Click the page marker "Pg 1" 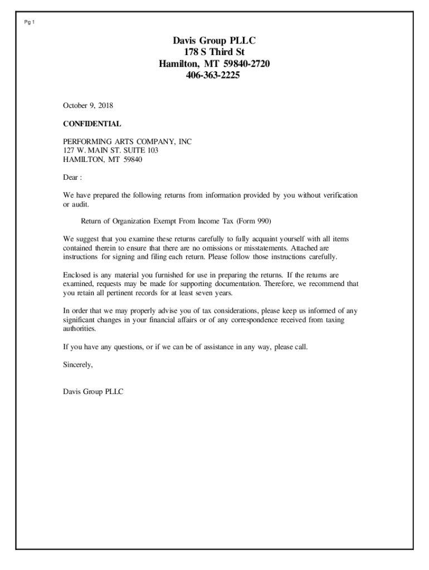(30, 22)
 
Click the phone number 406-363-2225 (214, 76)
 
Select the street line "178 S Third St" (214, 52)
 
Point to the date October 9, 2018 (88, 105)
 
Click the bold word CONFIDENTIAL (92, 124)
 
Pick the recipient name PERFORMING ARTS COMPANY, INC (127, 142)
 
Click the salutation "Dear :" (72, 178)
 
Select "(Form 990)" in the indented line (253, 221)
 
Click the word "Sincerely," (78, 365)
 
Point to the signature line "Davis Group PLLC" (93, 392)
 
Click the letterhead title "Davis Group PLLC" (214, 41)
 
